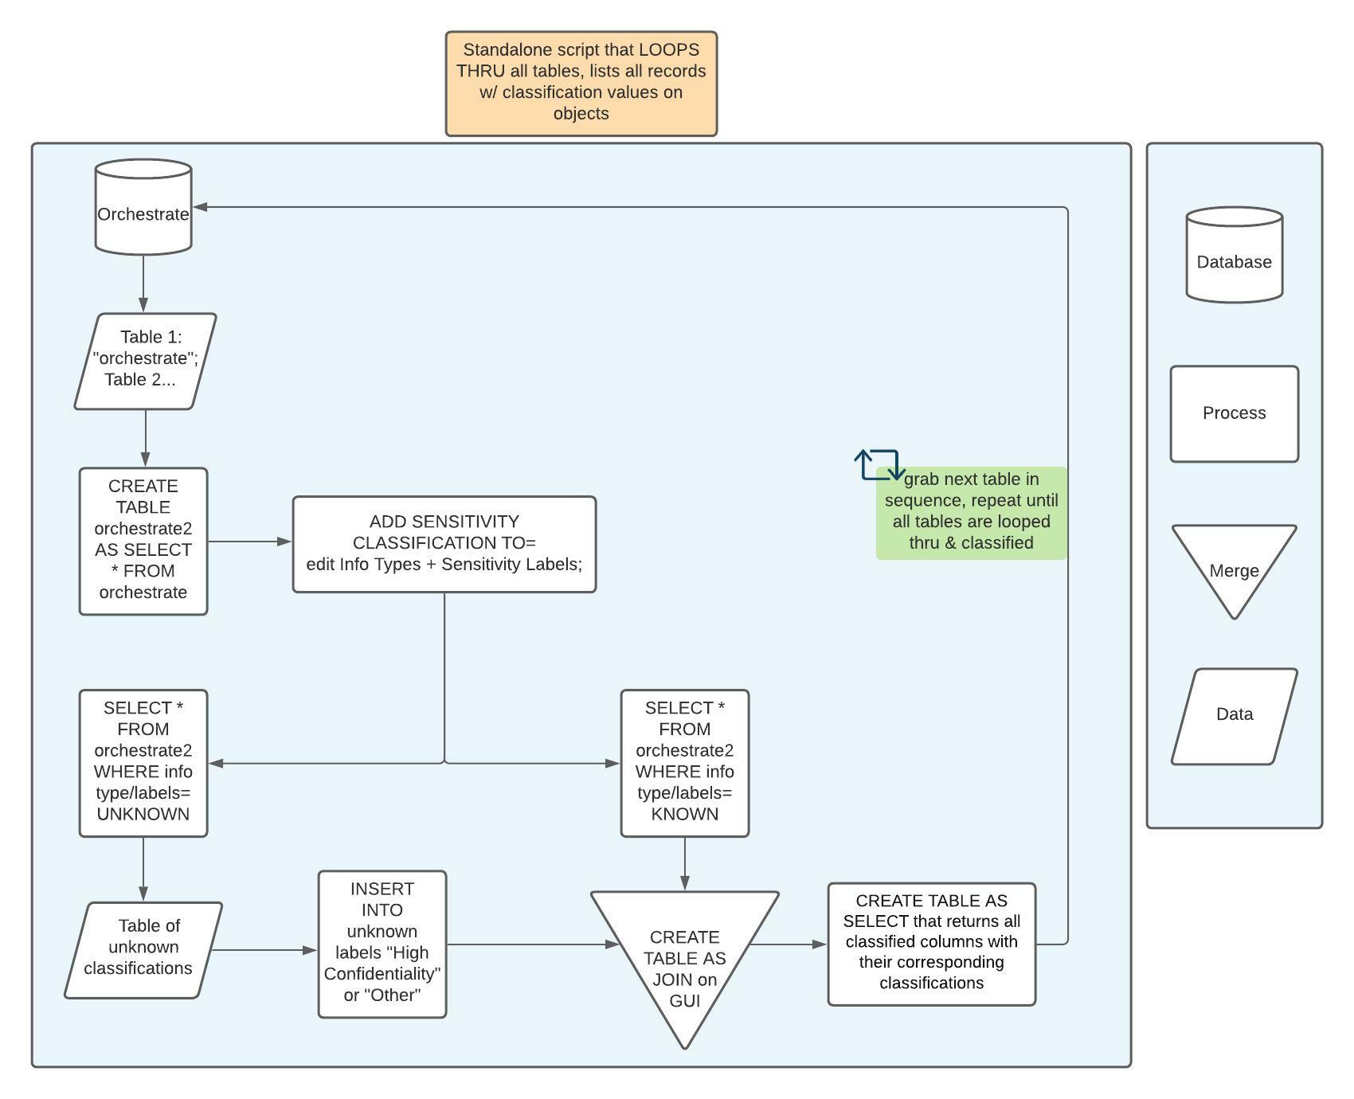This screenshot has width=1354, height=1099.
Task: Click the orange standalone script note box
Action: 581,84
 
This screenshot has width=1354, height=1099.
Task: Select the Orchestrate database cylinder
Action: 143,207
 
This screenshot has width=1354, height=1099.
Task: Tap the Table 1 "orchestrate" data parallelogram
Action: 145,361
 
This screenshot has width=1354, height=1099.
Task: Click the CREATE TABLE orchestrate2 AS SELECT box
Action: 143,541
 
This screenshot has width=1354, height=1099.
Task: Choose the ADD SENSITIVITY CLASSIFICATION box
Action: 444,544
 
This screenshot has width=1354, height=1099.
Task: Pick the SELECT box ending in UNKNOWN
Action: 143,763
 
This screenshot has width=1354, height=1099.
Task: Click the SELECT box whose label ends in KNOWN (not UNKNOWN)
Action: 684,763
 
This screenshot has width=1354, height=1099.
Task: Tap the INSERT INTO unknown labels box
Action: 382,944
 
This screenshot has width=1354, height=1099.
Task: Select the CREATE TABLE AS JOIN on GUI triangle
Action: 684,956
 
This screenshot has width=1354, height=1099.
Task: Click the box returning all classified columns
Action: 931,944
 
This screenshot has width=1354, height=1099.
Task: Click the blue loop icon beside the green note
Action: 879,464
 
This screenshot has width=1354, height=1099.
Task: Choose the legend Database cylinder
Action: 1234,255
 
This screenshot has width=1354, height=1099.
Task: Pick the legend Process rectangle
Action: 1234,413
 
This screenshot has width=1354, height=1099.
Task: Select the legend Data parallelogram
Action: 1234,715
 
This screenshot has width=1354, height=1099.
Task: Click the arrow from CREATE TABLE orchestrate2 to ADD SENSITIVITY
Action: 249,542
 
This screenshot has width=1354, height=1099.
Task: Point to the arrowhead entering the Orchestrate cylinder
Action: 200,207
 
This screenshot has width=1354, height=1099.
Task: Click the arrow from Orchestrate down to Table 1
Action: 143,283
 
